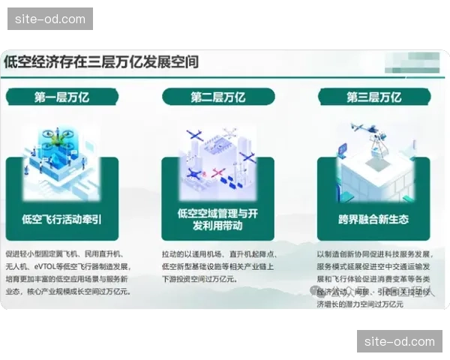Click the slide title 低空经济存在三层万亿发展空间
tap(101, 61)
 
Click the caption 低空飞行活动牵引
tap(62, 219)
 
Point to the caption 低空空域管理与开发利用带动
tap(217, 219)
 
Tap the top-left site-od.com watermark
tap(51, 19)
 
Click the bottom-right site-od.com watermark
tap(399, 341)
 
